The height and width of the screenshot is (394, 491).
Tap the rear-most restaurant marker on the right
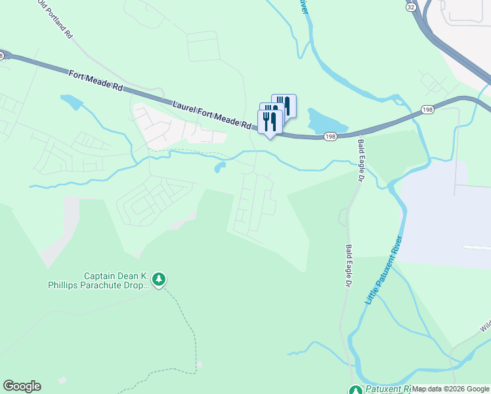click(284, 105)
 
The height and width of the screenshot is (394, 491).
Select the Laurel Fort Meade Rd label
click(212, 114)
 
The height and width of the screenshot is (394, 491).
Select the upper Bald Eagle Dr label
click(360, 160)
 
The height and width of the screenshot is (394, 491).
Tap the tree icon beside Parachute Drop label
click(159, 280)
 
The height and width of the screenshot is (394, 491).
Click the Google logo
click(22, 386)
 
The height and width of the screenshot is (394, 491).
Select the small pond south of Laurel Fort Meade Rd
click(219, 167)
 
